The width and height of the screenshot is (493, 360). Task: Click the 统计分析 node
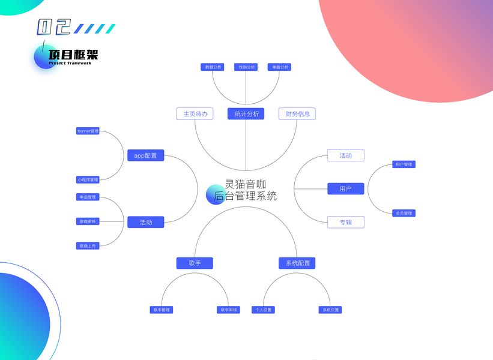246,113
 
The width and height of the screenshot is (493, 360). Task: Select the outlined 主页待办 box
195,113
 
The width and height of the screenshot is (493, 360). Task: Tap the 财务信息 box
297,113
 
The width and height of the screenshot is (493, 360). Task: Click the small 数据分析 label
213,67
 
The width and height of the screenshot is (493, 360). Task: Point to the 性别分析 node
246,67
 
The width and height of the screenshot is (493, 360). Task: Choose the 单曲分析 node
279,67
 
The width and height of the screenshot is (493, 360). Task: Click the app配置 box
145,155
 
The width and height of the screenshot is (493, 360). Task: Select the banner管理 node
88,131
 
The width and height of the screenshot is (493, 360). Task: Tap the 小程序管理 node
88,179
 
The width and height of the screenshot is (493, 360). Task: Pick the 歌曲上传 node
88,246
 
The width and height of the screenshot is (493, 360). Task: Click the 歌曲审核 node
88,221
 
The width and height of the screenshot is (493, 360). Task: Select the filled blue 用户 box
345,189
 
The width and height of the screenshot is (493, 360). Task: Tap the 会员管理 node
404,213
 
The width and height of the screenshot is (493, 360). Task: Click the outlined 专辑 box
345,222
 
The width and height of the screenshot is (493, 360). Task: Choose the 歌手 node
195,263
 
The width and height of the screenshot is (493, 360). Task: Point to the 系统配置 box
297,263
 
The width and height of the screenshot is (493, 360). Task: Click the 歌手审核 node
228,310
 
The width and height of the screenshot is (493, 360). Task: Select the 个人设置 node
263,310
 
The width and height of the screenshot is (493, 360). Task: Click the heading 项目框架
73,55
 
